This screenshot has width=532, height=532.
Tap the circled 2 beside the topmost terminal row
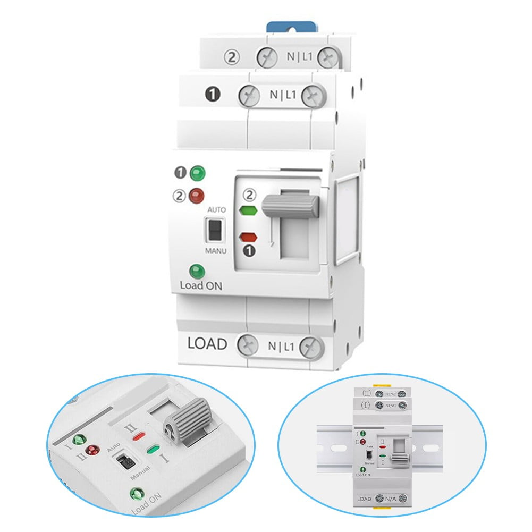tap(232, 57)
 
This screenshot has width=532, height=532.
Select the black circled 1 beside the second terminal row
tap(213, 95)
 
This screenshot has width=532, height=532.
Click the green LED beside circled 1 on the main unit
tap(198, 173)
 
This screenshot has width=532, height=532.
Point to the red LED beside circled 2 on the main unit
tap(196, 196)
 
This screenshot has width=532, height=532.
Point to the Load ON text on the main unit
tap(201, 285)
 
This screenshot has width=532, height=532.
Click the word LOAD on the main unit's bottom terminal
tap(207, 344)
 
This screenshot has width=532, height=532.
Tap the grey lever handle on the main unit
tap(290, 206)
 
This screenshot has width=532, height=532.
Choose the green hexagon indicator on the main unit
tap(248, 210)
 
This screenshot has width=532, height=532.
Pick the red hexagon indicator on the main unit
tap(249, 237)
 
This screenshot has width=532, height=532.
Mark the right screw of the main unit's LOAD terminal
tap(311, 348)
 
